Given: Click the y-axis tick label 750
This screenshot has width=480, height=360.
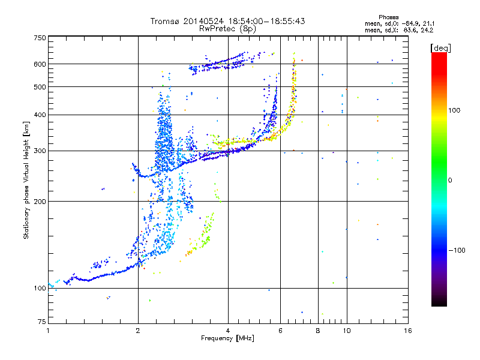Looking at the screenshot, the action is point(40,38).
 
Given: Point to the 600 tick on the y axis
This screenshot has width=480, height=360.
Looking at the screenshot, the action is point(40,64).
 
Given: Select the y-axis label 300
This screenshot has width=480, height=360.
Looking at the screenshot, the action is point(40,151).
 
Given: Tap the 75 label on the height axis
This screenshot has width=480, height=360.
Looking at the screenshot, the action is point(42,322).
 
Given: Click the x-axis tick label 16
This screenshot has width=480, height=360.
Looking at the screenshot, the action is point(408,331).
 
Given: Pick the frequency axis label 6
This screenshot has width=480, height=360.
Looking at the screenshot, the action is point(280,331).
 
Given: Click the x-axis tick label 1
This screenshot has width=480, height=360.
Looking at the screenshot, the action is point(48,331).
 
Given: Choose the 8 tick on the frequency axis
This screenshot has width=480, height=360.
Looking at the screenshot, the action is point(318,331).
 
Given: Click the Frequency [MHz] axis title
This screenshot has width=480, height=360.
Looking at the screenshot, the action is point(227,338).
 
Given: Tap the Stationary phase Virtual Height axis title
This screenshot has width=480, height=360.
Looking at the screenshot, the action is point(26,181).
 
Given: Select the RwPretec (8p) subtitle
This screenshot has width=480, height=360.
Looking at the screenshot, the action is point(227,29).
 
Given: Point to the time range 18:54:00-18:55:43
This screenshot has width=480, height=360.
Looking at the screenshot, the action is point(266,21).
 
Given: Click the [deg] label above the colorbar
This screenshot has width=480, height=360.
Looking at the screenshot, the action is point(440,49).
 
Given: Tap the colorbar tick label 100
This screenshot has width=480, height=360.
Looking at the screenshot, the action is point(454,110).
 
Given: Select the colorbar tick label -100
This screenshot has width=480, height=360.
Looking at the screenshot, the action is point(457,250).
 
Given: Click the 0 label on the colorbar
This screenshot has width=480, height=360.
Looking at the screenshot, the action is point(450,181).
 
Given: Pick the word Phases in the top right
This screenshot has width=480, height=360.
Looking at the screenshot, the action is point(388,17).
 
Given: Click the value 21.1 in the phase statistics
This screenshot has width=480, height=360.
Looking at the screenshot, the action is point(428,23).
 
